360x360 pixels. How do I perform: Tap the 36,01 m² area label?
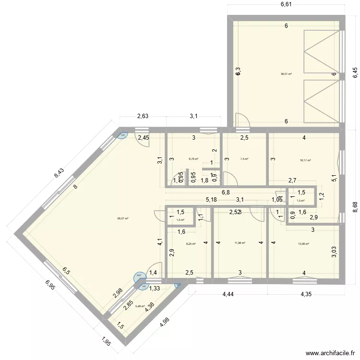click(x=286, y=74)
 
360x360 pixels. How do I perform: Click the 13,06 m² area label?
click(x=303, y=243)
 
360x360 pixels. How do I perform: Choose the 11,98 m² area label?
click(x=240, y=243)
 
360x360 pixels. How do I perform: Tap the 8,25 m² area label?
click(x=191, y=243)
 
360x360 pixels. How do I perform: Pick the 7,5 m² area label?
click(x=244, y=159)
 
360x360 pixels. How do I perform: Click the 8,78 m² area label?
click(x=193, y=158)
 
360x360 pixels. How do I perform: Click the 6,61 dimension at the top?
click(x=286, y=4)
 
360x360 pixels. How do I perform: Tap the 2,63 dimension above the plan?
click(x=143, y=116)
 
